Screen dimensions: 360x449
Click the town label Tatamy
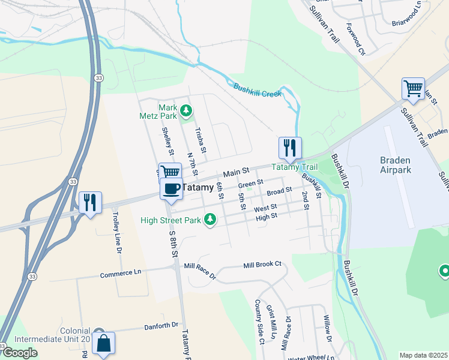[197, 188]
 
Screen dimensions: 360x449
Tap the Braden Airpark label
[396, 165]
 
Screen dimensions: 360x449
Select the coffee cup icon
[171, 188]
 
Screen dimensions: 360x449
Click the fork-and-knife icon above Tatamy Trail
[290, 148]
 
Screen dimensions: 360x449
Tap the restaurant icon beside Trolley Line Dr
[90, 202]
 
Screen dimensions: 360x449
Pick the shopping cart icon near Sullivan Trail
[413, 89]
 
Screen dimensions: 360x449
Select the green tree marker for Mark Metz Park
[187, 110]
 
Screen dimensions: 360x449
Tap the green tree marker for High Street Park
[209, 220]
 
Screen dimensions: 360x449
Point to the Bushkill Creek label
[258, 89]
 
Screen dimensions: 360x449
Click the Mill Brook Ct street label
[262, 265]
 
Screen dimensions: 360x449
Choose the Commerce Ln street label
[121, 272]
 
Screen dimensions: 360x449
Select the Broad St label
[279, 191]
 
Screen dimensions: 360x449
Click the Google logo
[19, 353]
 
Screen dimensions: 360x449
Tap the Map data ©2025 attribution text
[423, 355]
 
